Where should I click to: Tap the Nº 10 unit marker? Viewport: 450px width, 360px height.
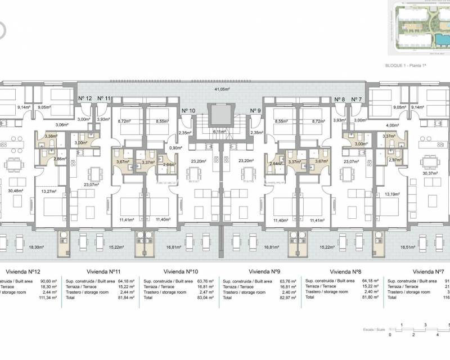188,110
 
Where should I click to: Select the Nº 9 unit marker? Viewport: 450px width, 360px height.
255,110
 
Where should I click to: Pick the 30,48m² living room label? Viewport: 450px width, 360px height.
17,190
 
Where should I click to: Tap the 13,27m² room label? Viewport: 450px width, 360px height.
49,191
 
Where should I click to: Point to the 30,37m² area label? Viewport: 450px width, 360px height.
430,173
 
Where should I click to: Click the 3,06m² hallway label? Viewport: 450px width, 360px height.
62,125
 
